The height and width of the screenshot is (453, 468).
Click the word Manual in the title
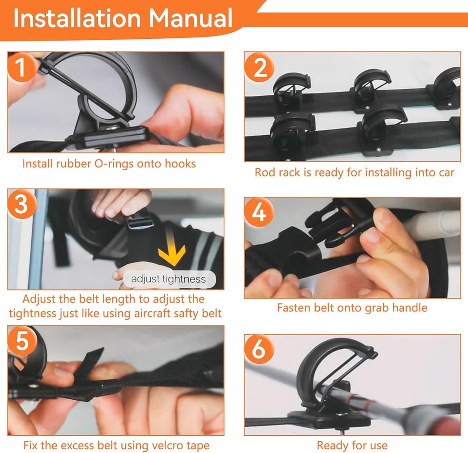pos(190,19)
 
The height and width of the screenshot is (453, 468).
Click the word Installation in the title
pos(77,19)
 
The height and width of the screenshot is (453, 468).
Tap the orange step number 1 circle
pos(22,67)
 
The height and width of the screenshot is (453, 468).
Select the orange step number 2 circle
pos(260,68)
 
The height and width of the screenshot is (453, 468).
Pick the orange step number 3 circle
pos(22,204)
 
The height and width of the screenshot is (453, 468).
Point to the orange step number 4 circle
pos(259,213)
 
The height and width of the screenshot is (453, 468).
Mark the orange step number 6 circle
pos(259,349)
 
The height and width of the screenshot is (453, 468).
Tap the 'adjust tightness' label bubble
pos(169,280)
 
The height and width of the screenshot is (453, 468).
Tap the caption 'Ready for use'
pos(352,446)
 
